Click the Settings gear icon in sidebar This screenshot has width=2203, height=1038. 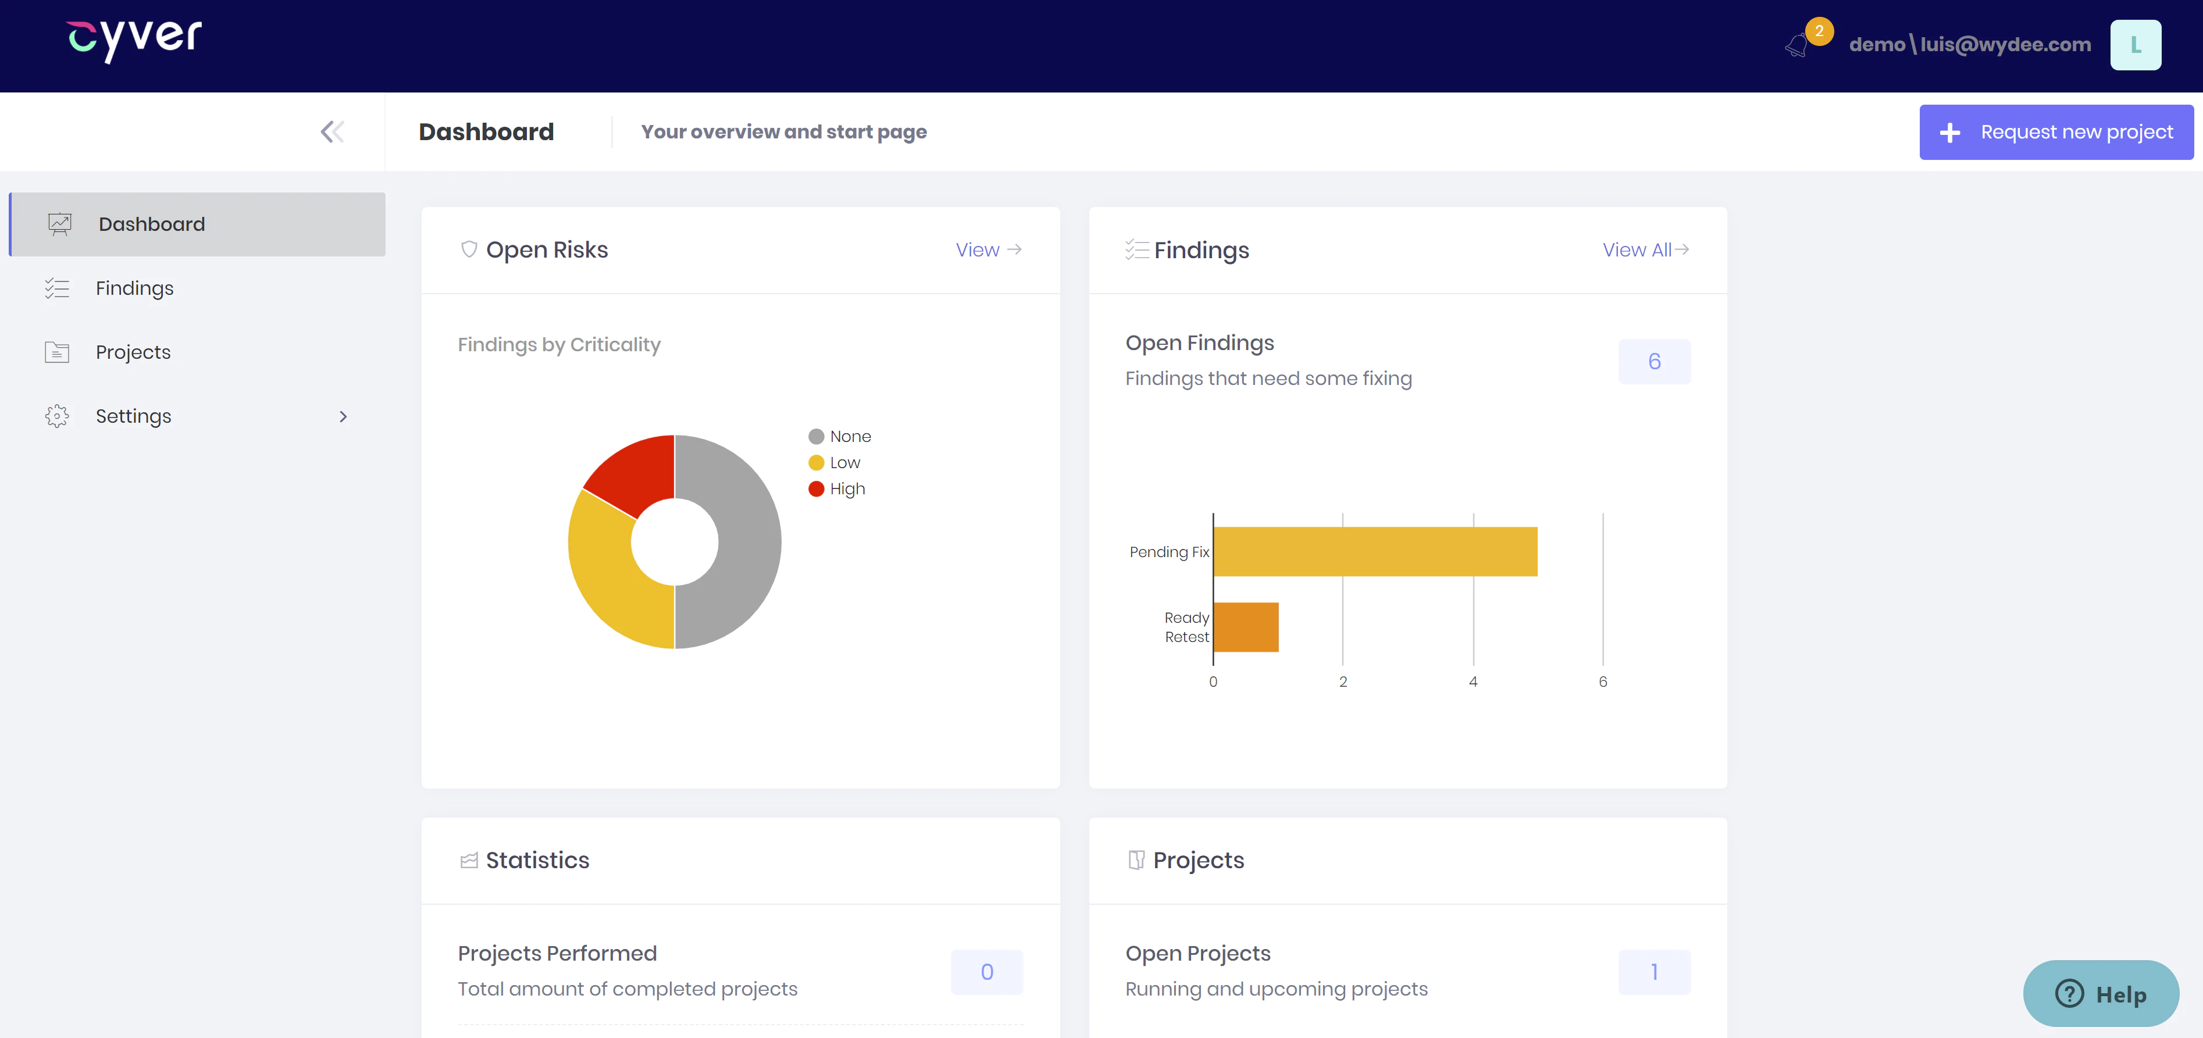point(56,416)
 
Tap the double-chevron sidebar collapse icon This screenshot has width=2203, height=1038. point(332,131)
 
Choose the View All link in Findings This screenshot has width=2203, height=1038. point(1645,249)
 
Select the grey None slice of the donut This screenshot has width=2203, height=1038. point(736,542)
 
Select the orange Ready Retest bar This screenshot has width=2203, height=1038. point(1246,627)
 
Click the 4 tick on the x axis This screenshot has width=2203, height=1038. point(1473,682)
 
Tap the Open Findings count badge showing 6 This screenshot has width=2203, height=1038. point(1654,362)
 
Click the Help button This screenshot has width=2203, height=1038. point(2101,994)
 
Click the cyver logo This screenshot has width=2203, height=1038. point(134,40)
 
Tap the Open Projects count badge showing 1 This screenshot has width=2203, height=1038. point(1654,972)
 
